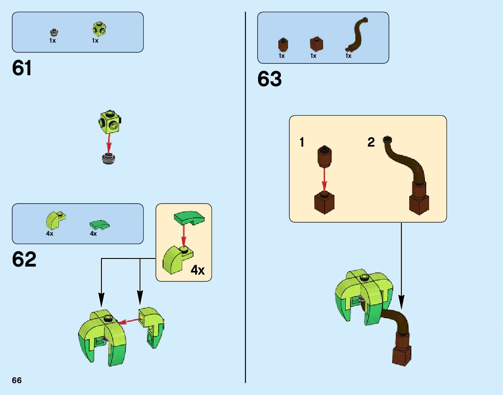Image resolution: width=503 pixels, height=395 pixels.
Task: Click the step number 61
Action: click(22, 68)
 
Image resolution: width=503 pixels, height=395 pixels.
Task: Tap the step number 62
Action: click(24, 259)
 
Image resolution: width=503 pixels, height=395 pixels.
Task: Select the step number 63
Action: click(269, 79)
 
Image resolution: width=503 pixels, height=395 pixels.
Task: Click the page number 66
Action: click(17, 380)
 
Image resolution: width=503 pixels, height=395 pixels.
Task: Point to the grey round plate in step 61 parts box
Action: click(53, 32)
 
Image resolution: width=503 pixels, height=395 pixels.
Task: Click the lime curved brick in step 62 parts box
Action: click(54, 220)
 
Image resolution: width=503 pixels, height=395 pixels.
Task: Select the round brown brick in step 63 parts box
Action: click(283, 44)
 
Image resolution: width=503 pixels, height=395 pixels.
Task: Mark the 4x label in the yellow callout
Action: click(197, 270)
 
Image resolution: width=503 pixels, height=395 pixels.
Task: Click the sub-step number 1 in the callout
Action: click(302, 143)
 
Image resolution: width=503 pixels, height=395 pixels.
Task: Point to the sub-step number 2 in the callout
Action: click(371, 143)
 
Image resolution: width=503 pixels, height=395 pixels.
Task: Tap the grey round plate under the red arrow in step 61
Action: click(109, 158)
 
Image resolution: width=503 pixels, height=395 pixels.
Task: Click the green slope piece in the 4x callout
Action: click(189, 218)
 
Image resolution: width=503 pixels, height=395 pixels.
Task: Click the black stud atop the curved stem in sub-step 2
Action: click(387, 139)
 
